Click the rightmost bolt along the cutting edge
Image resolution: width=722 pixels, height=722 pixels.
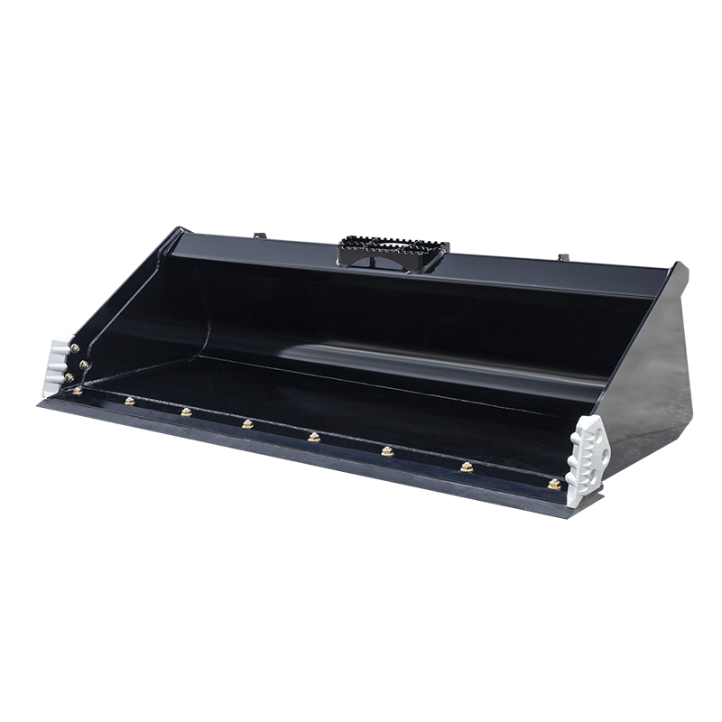tap(553, 485)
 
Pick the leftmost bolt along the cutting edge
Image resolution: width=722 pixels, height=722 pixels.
tap(77, 390)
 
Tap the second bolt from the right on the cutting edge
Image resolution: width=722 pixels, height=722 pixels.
tap(467, 467)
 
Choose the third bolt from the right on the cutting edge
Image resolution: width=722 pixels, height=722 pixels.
tap(387, 450)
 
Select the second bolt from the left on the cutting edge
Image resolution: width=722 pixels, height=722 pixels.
tap(129, 400)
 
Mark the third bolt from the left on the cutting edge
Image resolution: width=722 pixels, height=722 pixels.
tap(186, 412)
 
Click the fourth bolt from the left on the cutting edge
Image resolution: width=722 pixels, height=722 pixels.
tap(246, 423)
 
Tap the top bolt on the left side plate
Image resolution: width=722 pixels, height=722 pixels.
tap(74, 348)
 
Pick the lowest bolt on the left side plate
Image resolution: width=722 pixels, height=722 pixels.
tap(69, 376)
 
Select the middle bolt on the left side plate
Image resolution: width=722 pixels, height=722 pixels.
tap(84, 365)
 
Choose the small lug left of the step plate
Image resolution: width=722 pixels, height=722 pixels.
tap(256, 236)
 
